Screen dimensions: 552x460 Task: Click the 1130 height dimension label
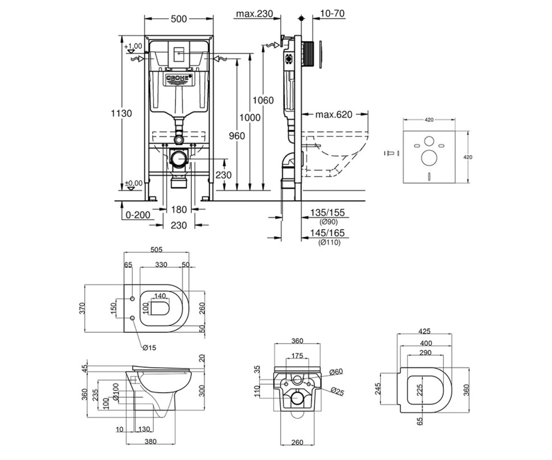tap(121, 114)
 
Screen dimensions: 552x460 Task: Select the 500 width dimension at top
tap(179, 19)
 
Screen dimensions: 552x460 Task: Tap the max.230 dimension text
tap(254, 14)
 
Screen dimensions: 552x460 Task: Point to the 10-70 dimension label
tap(332, 13)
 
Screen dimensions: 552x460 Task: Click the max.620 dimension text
tap(334, 115)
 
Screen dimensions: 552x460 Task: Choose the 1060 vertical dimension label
tap(263, 100)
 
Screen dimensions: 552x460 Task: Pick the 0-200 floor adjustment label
tap(138, 215)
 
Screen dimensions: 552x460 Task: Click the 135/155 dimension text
tap(328, 213)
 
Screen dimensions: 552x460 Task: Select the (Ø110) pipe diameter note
tap(329, 242)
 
